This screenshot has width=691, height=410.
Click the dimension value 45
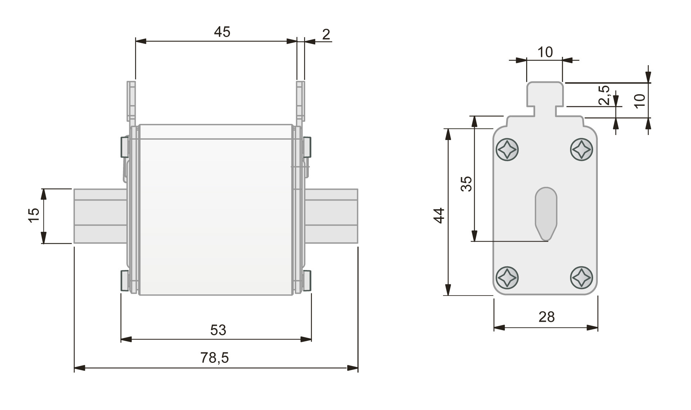coord(222,32)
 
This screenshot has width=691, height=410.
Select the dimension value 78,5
coord(214,358)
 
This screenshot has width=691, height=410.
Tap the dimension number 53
coord(218,330)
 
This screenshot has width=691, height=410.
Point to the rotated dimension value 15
coord(34,215)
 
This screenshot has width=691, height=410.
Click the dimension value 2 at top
coord(326,35)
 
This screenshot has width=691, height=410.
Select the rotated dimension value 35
coord(466,184)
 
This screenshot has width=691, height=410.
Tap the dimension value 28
coord(546,317)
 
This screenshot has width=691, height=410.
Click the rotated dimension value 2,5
coord(605,95)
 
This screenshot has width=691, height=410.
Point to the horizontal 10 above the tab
coord(545,53)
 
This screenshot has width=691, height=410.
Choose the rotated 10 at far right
coord(640,101)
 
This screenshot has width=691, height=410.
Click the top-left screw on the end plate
coord(507,149)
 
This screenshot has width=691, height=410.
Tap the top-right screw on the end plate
coord(581,149)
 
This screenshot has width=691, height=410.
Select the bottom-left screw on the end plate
coord(507,277)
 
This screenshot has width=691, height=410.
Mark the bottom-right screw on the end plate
coord(581,277)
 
